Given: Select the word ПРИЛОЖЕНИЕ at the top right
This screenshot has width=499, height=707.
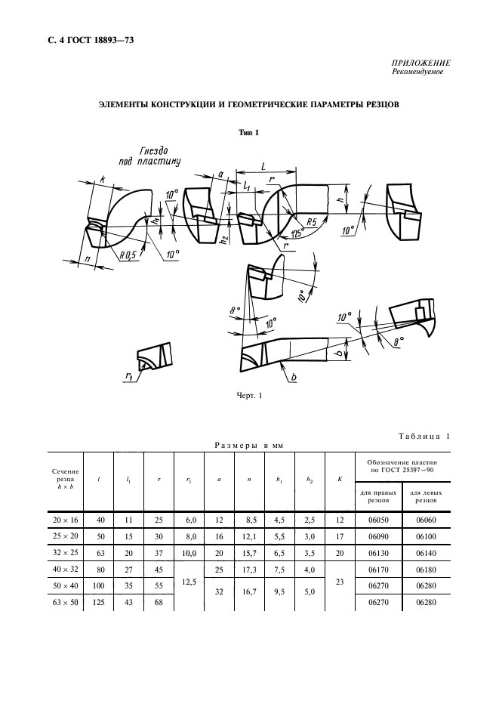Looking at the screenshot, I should pyautogui.click(x=422, y=63).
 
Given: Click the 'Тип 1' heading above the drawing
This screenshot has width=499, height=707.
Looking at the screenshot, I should pyautogui.click(x=248, y=133).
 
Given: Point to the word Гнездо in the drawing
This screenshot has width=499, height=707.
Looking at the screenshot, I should pyautogui.click(x=156, y=150).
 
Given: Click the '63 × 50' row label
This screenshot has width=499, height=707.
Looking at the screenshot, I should pyautogui.click(x=66, y=602).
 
